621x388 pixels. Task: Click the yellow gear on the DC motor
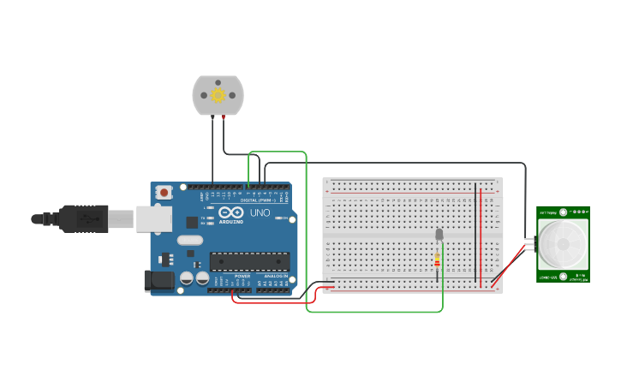pos(218,95)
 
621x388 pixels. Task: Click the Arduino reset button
pos(163,192)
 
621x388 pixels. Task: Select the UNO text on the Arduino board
pos(260,212)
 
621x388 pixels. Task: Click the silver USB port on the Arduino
pos(153,218)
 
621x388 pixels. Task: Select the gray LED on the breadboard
pos(439,234)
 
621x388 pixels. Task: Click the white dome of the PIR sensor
pos(563,243)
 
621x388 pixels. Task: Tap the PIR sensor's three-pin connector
pos(529,244)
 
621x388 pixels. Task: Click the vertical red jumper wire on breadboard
pos(481,231)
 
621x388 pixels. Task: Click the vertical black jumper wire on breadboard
pos(475,231)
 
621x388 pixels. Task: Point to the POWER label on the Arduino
pos(242,276)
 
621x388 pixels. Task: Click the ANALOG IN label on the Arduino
pos(275,276)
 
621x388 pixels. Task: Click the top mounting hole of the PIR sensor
pos(582,211)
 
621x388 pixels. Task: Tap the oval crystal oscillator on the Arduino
pos(190,240)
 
